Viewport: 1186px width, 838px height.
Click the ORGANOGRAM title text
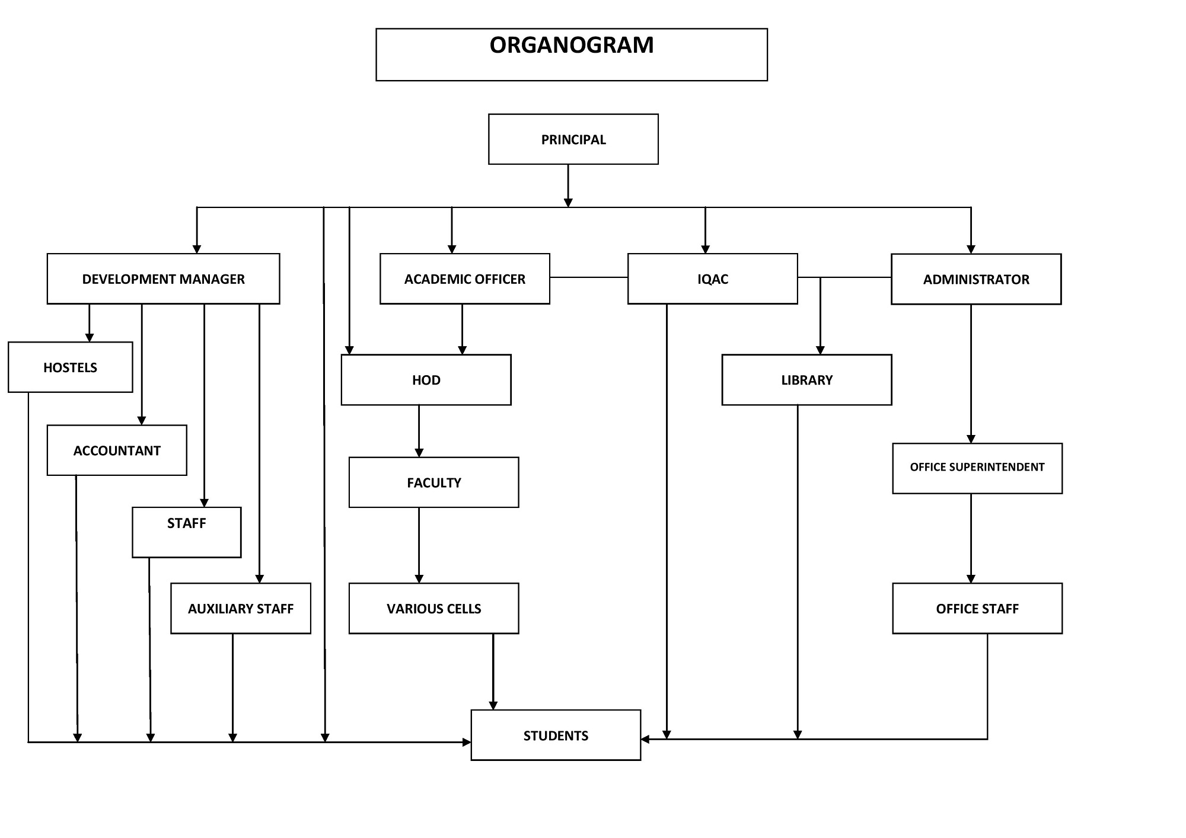(x=572, y=45)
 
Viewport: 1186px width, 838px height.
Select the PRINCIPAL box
(x=573, y=139)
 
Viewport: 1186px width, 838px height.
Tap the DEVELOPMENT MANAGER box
(x=163, y=279)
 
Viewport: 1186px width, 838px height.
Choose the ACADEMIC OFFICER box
(x=465, y=279)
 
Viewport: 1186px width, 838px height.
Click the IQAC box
(x=713, y=279)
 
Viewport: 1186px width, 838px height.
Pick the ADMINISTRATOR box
(x=976, y=279)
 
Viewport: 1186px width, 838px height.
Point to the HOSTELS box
(x=71, y=367)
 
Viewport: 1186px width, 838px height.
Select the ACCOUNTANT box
(x=117, y=450)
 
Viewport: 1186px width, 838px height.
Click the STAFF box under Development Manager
(x=187, y=532)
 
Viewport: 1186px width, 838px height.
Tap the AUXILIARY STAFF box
(x=241, y=609)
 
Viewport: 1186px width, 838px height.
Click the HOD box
(x=426, y=380)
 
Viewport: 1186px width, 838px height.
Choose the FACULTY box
(x=434, y=482)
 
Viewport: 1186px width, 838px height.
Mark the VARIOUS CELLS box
(x=434, y=609)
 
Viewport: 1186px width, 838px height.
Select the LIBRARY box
(x=807, y=380)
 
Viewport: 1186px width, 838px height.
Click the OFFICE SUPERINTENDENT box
(x=977, y=468)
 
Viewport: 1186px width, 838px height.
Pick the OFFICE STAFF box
(x=977, y=609)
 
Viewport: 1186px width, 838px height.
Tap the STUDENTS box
(x=556, y=735)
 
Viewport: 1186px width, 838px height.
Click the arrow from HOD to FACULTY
(x=419, y=431)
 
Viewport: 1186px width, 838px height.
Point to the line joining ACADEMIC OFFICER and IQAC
(x=589, y=277)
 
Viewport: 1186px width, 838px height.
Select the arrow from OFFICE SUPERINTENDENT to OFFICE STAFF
(x=971, y=539)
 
